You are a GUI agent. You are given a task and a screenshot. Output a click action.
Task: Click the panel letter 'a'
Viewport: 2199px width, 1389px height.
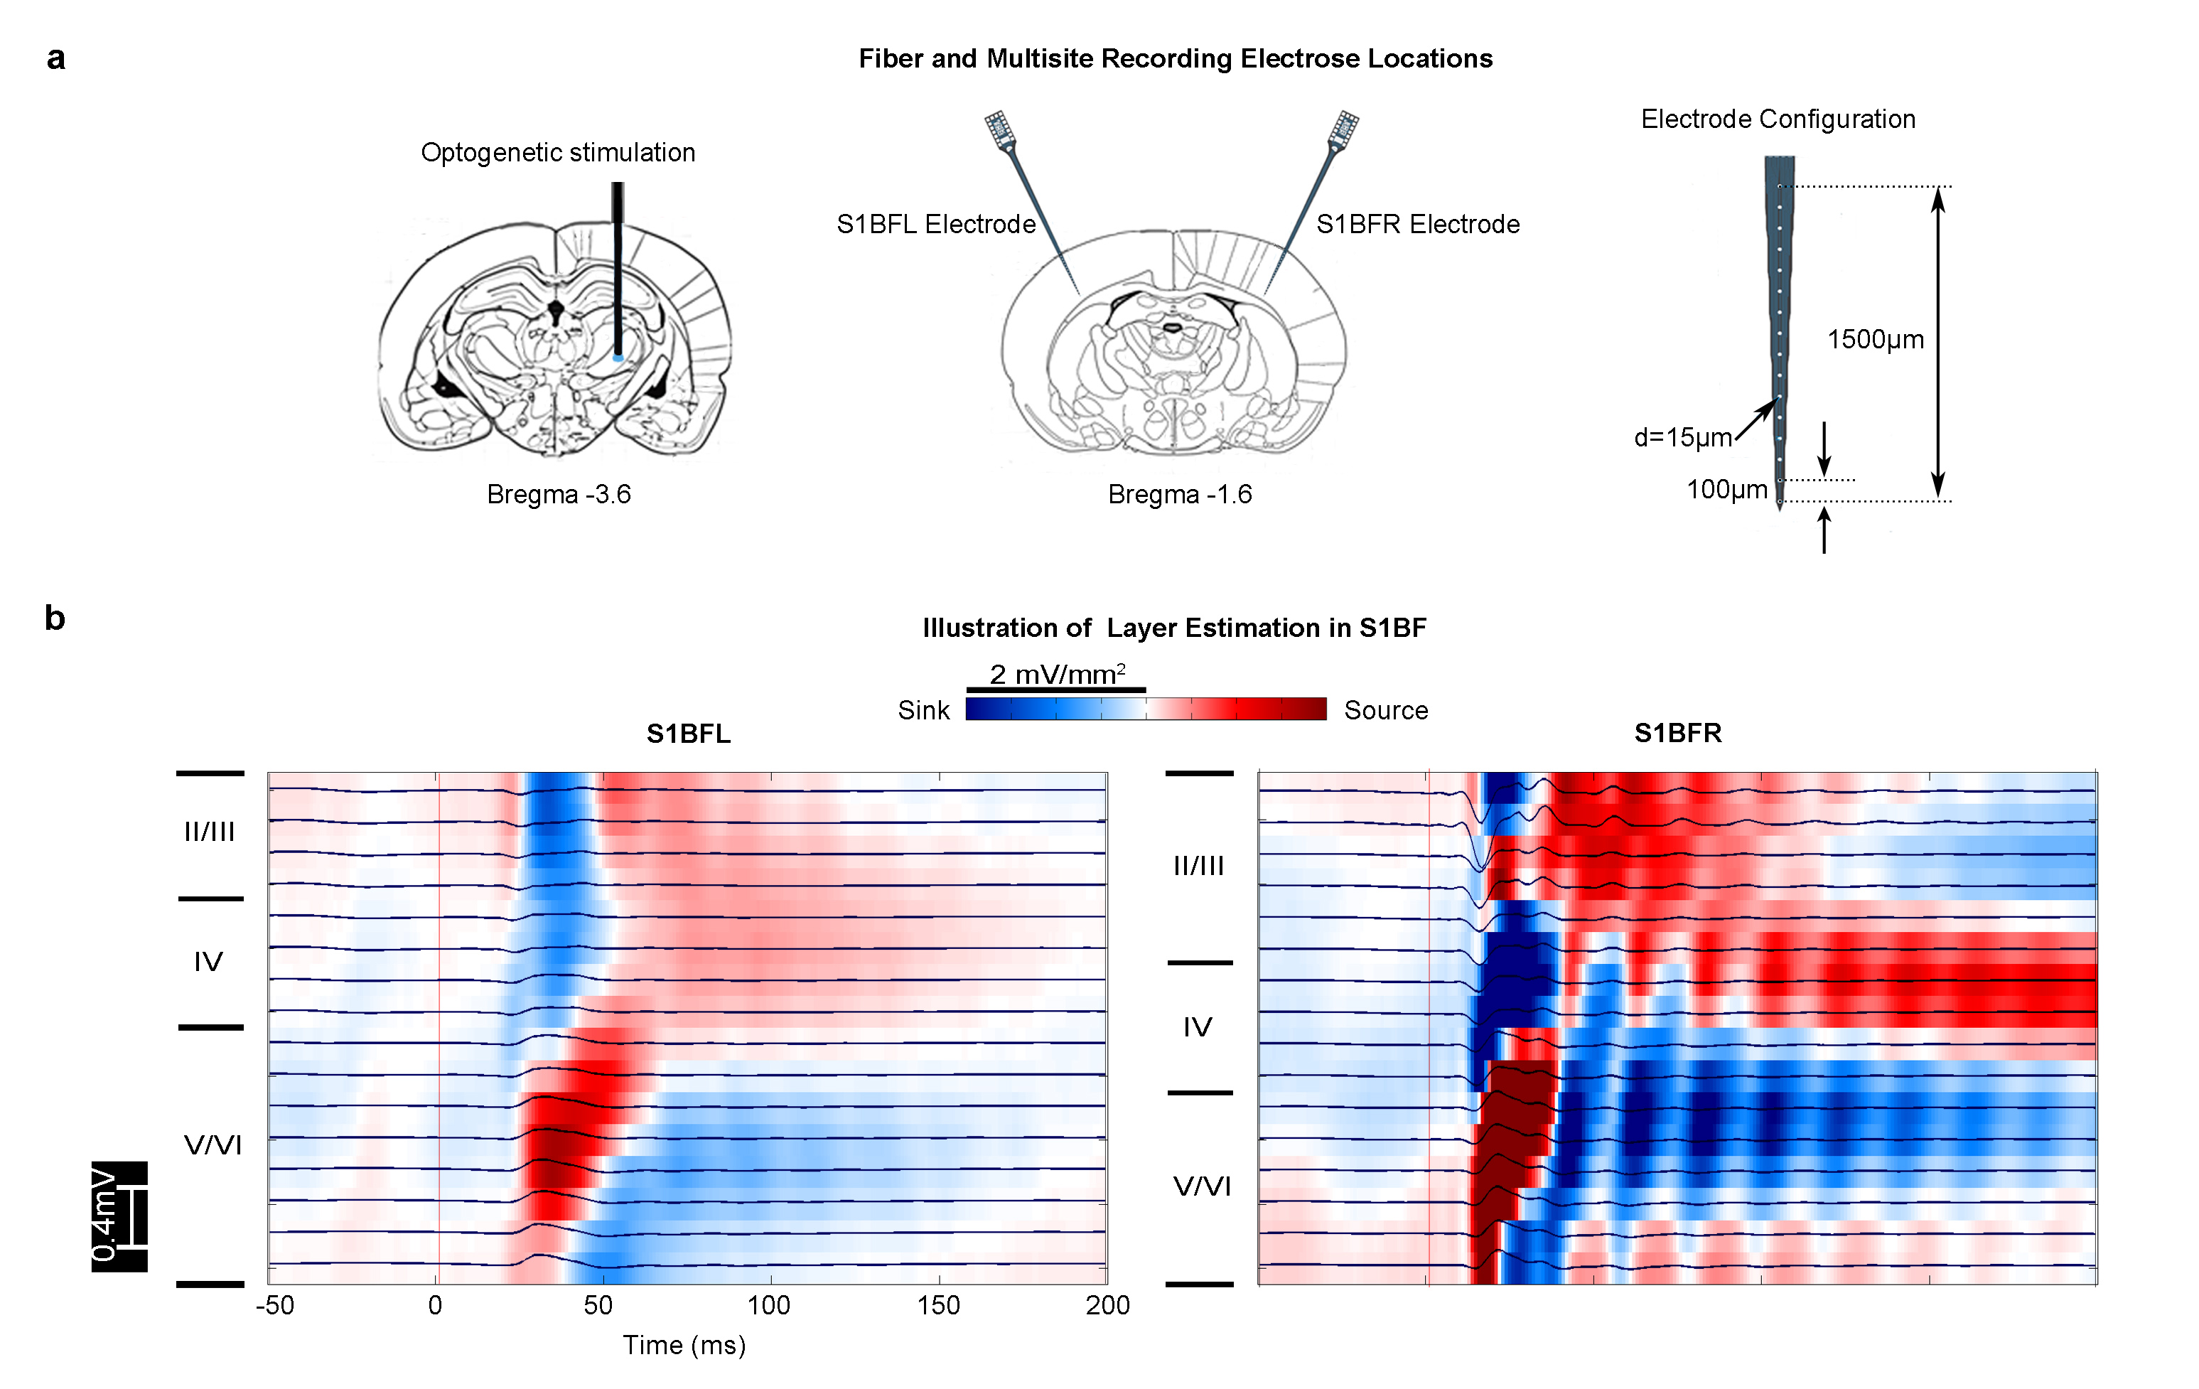[55, 58]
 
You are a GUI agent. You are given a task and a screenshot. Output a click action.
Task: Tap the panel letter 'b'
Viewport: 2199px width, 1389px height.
[55, 618]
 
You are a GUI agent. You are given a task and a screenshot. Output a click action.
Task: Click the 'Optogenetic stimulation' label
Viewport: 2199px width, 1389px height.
[557, 153]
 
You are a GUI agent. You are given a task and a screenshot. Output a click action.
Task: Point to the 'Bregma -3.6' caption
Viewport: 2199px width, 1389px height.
[558, 494]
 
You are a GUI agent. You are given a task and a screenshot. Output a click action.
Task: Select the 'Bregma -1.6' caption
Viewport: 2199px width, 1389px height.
[1179, 494]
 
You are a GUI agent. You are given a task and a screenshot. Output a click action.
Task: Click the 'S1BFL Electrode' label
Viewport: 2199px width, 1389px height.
[935, 224]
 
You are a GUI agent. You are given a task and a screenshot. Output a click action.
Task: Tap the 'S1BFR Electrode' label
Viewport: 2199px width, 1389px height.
[1417, 224]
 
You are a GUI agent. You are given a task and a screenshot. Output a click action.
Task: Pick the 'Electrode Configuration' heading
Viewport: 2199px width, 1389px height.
[1777, 119]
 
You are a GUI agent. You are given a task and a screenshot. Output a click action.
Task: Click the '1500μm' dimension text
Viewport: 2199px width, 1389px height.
[1875, 340]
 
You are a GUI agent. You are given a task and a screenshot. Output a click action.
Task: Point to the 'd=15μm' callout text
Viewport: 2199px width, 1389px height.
[1682, 437]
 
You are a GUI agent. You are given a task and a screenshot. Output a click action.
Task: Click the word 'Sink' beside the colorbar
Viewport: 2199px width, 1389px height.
[923, 710]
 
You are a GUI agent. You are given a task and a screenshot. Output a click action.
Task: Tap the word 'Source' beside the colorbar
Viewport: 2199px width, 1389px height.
[1385, 710]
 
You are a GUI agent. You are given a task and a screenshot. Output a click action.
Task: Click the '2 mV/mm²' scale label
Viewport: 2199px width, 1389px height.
[1057, 674]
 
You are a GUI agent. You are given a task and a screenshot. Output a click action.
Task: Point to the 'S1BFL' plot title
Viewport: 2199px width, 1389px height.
[688, 734]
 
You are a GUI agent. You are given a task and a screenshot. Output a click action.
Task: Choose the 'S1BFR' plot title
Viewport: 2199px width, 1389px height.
[1677, 734]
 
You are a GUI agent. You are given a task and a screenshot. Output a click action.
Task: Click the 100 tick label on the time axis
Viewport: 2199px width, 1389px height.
[768, 1305]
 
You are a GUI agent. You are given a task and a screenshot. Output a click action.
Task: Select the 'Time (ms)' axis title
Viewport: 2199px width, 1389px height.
[684, 1345]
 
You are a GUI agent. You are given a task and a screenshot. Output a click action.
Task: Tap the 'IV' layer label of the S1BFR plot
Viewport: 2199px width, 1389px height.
[1197, 1027]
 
